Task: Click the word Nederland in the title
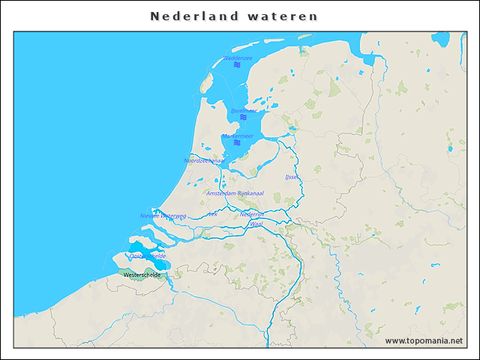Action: tap(194, 16)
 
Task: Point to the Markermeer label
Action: tap(237, 136)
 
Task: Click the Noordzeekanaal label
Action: tap(204, 160)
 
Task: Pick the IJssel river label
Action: tap(292, 177)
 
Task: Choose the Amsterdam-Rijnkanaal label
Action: tap(235, 193)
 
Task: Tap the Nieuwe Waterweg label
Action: tap(163, 215)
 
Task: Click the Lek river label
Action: tap(213, 214)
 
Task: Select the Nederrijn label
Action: tap(251, 214)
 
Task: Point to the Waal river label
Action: tap(256, 223)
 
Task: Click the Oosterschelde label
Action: tap(147, 256)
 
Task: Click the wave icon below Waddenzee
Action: tap(237, 65)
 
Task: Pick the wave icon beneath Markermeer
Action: tap(237, 143)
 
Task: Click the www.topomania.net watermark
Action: tap(424, 340)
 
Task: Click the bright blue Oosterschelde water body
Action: tap(139, 247)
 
